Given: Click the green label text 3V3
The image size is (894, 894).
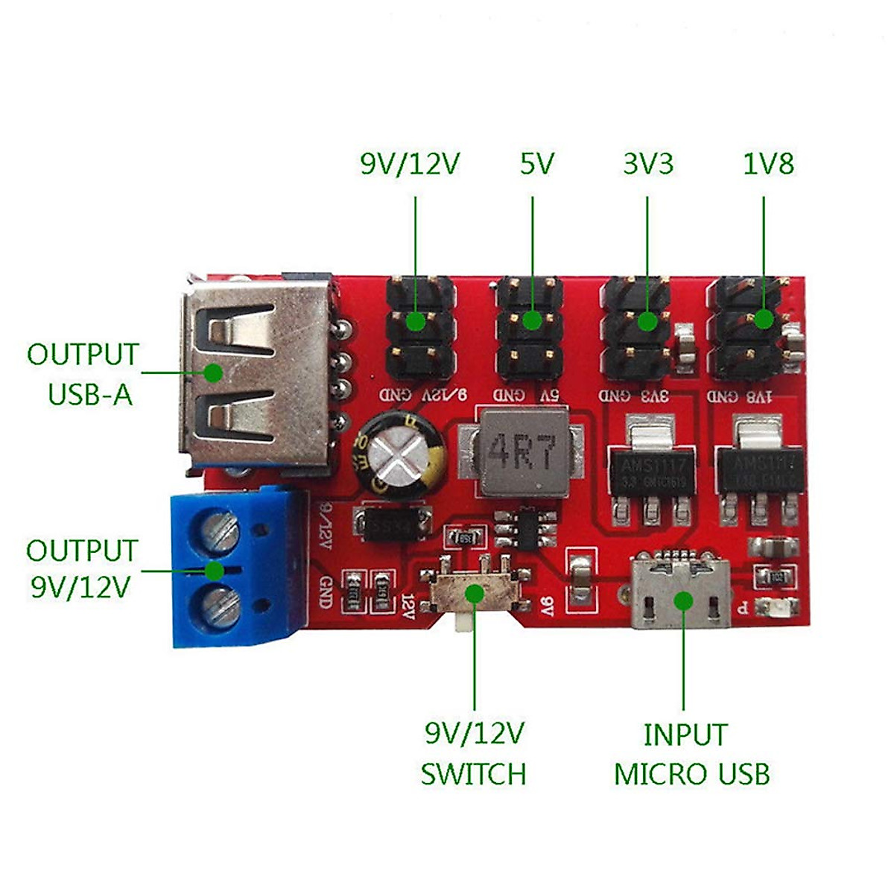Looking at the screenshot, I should point(648,164).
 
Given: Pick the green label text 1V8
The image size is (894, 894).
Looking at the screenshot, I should point(768,164).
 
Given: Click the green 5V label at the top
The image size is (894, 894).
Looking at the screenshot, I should point(536,164).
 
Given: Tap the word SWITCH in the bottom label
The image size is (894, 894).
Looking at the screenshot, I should point(473,775).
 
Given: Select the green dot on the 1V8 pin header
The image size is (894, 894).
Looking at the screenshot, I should point(763,320).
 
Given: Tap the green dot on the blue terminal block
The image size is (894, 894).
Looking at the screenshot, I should point(215,571).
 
